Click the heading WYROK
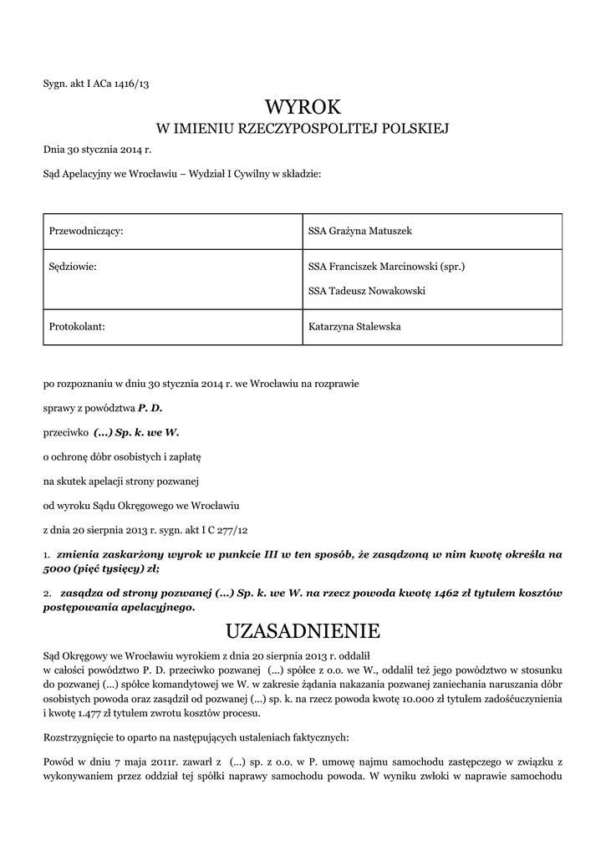[x=303, y=107]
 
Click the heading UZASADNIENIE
[x=303, y=629]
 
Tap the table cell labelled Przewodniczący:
[x=87, y=231]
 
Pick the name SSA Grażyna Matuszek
[x=354, y=231]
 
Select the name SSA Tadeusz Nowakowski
[x=367, y=291]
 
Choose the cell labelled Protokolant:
[x=78, y=327]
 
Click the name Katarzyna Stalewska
[x=354, y=327]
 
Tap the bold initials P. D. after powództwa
[x=150, y=408]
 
